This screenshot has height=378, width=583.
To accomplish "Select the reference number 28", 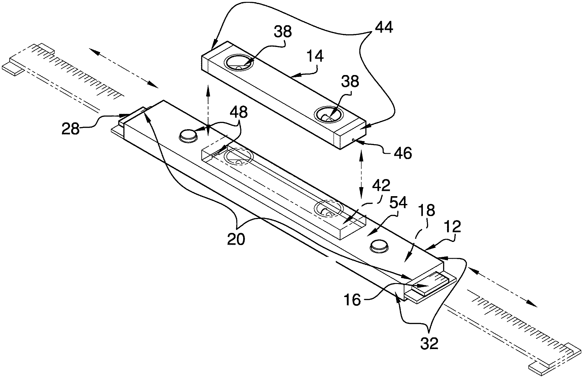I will point(71,128).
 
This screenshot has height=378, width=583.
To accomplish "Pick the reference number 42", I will point(381,186).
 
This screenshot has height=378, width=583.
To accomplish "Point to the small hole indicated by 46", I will point(354,140).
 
